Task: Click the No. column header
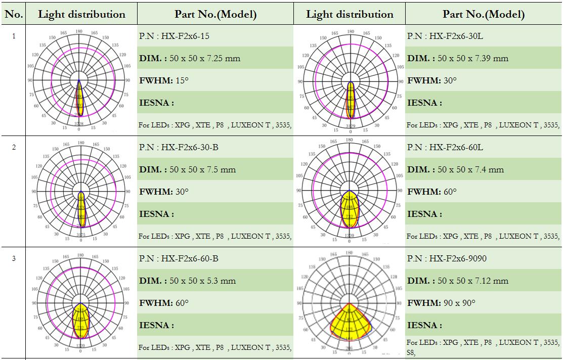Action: click(x=14, y=14)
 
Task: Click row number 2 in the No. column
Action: click(x=14, y=147)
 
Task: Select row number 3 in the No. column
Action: click(x=14, y=258)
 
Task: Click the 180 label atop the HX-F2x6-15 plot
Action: click(x=79, y=31)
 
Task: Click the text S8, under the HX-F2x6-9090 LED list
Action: click(x=411, y=353)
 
